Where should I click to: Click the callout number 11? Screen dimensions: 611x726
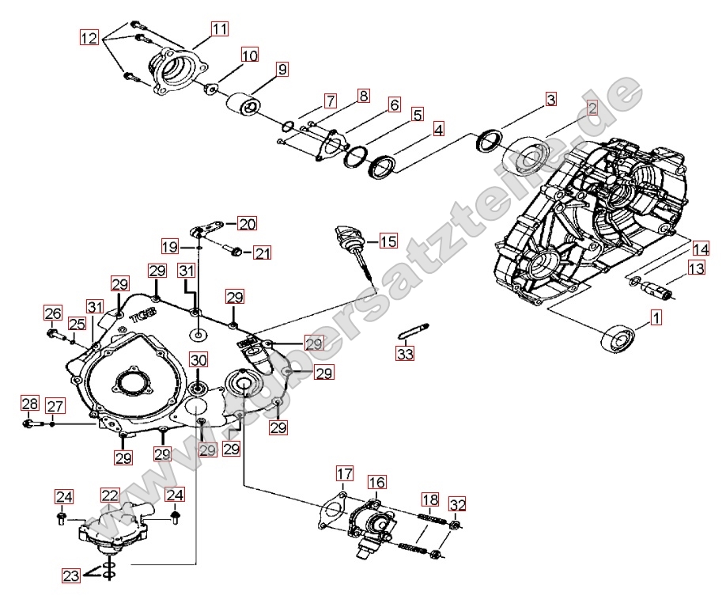(219, 28)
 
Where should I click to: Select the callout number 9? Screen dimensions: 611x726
(282, 69)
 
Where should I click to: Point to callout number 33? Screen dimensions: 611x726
(406, 354)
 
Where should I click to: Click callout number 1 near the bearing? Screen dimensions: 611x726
(656, 318)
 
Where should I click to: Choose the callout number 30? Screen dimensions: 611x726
(198, 359)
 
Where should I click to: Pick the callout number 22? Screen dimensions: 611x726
(109, 495)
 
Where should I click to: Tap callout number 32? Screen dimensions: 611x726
(458, 504)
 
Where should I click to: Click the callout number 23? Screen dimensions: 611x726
(71, 576)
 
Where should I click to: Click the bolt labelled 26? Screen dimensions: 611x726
(54, 333)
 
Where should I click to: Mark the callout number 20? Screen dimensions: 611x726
(248, 223)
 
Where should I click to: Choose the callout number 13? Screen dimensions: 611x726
(695, 269)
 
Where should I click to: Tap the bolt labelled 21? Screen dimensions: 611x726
(234, 252)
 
